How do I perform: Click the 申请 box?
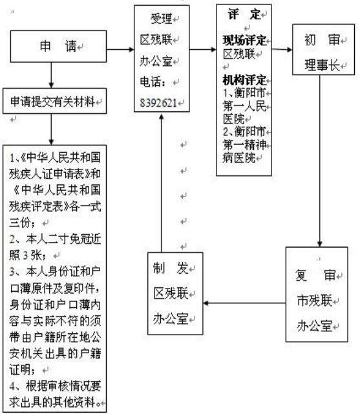pyautogui.click(x=58, y=47)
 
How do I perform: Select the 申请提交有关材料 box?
pyautogui.click(x=54, y=101)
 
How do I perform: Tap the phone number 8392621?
pyautogui.click(x=158, y=103)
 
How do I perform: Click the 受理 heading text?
pyautogui.click(x=162, y=19)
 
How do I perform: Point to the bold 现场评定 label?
pyautogui.click(x=244, y=40)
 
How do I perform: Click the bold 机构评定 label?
pyautogui.click(x=244, y=80)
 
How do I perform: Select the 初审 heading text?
pyautogui.click(x=322, y=40)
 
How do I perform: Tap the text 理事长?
pyautogui.click(x=322, y=65)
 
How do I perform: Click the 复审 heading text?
pyautogui.click(x=315, y=276)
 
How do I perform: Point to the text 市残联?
pyautogui.click(x=315, y=301)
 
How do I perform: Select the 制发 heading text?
pyautogui.click(x=171, y=268)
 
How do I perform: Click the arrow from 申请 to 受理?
pyautogui.click(x=120, y=49)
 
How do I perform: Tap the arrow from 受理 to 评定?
pyautogui.click(x=203, y=49)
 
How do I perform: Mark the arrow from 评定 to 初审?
pyautogui.click(x=282, y=49)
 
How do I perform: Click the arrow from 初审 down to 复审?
pyautogui.click(x=320, y=161)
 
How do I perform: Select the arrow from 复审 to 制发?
pyautogui.click(x=244, y=303)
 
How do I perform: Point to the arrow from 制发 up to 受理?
pyautogui.click(x=161, y=183)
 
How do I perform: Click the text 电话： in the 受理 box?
pyautogui.click(x=153, y=82)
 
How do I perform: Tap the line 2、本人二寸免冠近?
pyautogui.click(x=55, y=239)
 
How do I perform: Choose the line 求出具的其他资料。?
pyautogui.click(x=55, y=402)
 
